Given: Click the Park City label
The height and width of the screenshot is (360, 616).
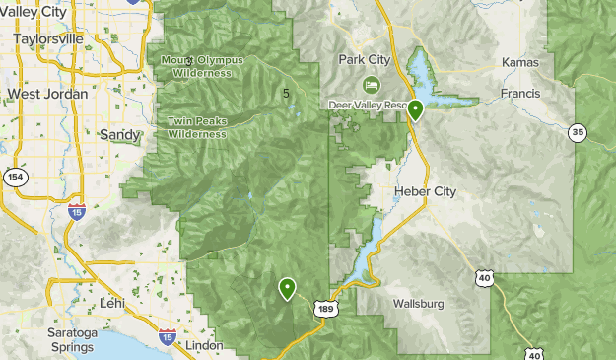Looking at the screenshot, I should click(365, 59).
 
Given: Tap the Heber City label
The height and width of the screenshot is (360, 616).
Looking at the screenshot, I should click(425, 191).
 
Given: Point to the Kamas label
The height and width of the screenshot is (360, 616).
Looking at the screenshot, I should click(520, 62).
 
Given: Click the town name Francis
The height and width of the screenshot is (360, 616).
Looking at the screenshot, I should click(520, 95).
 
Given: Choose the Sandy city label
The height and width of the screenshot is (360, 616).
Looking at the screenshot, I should click(120, 133).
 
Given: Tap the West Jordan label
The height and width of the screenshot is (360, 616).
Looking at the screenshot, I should click(47, 94).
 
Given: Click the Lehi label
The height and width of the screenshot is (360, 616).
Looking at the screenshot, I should click(111, 304).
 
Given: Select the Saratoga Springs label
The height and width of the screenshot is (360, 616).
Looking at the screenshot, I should click(73, 340).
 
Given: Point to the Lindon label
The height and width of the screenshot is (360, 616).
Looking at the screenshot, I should click(202, 346).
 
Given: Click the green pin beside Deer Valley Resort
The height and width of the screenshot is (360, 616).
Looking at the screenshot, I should click(416, 109).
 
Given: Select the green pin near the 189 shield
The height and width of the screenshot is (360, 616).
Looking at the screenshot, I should click(287, 287).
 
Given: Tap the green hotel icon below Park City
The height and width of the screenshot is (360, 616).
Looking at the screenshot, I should click(372, 84).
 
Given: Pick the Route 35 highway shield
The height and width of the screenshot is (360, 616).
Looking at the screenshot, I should click(579, 131).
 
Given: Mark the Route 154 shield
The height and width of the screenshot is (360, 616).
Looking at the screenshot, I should click(14, 177).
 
